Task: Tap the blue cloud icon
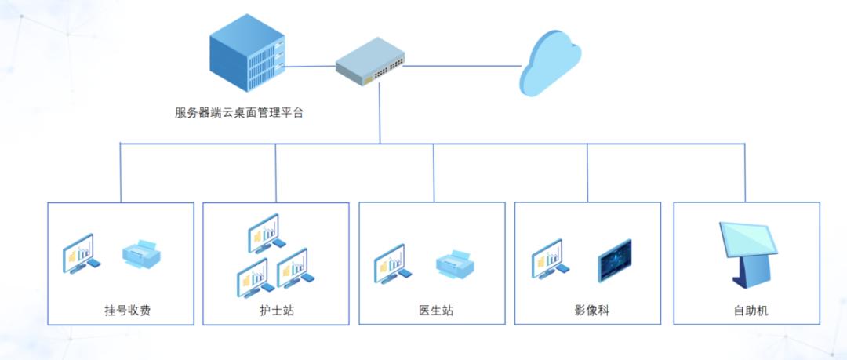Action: [551, 63]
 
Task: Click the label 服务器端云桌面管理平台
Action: [238, 112]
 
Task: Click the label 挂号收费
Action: [127, 310]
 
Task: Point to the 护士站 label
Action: [277, 310]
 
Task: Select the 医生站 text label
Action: [436, 310]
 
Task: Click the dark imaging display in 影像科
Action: [614, 260]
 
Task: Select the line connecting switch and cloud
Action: [463, 66]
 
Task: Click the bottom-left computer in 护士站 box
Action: [254, 278]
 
